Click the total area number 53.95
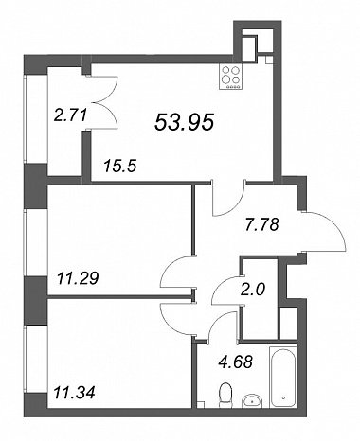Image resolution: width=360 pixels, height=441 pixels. click(185, 122)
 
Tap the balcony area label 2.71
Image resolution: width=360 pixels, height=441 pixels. click(70, 115)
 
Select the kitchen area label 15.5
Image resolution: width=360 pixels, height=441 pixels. click(120, 166)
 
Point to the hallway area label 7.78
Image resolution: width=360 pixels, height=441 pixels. click(262, 225)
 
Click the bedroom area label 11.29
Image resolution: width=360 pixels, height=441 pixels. click(78, 278)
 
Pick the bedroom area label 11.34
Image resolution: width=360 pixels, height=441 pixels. click(75, 393)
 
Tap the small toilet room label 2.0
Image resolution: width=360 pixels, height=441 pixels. click(254, 290)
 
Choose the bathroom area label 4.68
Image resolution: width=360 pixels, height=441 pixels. click(236, 362)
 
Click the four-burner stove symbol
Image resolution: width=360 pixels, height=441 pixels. click(230, 78)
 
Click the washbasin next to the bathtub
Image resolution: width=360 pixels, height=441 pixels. click(252, 400)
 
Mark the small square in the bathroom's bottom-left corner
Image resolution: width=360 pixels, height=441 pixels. click(201, 404)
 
